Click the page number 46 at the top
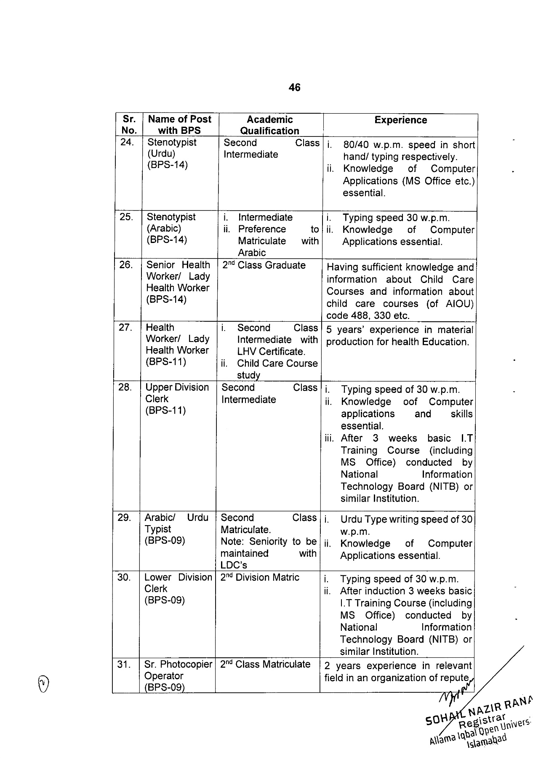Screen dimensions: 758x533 click(294, 88)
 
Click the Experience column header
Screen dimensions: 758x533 click(400, 120)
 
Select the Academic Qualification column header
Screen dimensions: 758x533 click(269, 125)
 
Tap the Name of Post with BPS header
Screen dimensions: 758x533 click(179, 125)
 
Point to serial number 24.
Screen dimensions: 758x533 click(127, 142)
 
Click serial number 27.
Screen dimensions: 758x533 click(125, 328)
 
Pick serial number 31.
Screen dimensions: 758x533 click(124, 665)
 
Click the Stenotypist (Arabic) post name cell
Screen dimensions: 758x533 click(171, 228)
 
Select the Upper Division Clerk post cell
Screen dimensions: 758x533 click(177, 398)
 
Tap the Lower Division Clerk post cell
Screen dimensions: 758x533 click(178, 588)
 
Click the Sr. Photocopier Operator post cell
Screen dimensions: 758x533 click(178, 675)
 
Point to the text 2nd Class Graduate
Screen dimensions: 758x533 click(264, 265)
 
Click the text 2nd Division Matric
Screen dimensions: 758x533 click(260, 577)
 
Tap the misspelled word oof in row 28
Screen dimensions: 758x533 click(410, 402)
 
